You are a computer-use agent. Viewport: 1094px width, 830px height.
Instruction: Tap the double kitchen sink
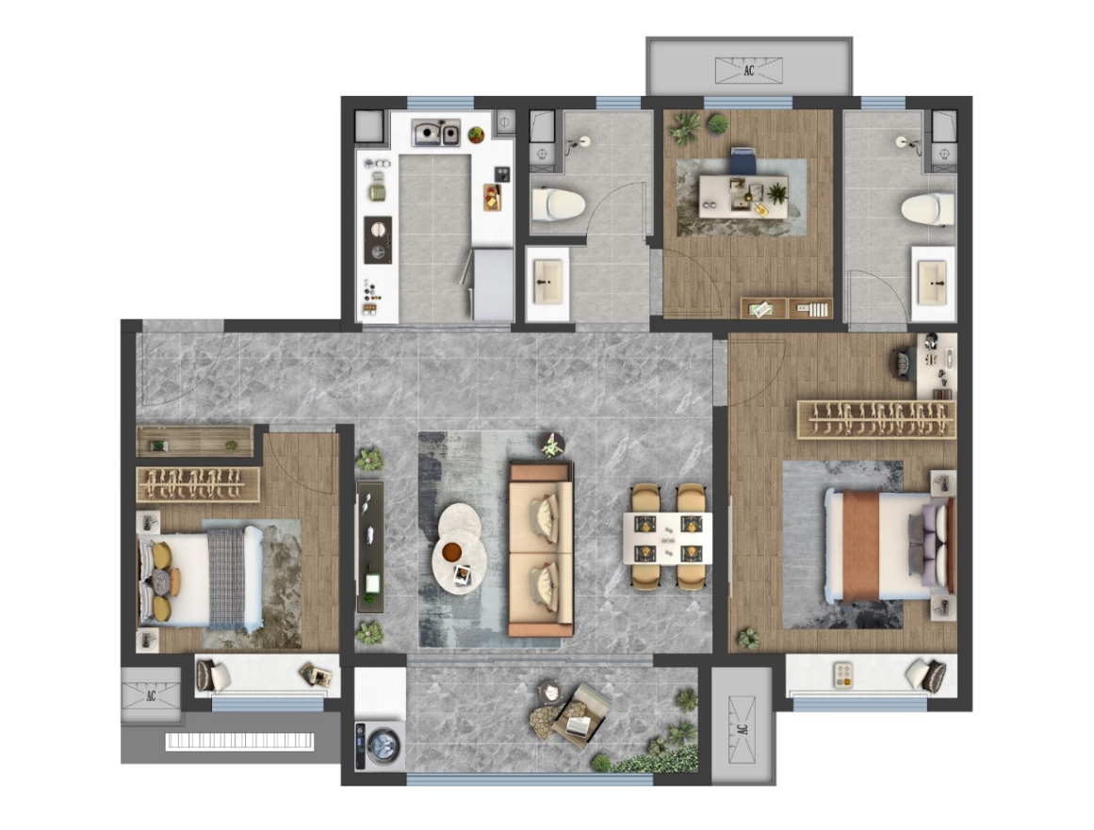click(435, 133)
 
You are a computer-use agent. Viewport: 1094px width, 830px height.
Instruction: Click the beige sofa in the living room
click(542, 549)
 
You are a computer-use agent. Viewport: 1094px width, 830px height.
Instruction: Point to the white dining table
click(667, 539)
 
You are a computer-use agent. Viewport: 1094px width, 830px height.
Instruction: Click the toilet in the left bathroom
click(558, 204)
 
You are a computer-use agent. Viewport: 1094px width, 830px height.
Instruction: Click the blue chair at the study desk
click(743, 161)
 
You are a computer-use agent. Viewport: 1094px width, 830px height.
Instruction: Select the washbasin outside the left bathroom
click(548, 283)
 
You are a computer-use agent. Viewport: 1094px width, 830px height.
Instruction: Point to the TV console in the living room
click(369, 546)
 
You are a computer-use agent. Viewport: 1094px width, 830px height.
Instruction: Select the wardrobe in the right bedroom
click(876, 420)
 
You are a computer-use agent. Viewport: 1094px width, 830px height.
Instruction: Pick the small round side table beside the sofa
click(552, 445)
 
